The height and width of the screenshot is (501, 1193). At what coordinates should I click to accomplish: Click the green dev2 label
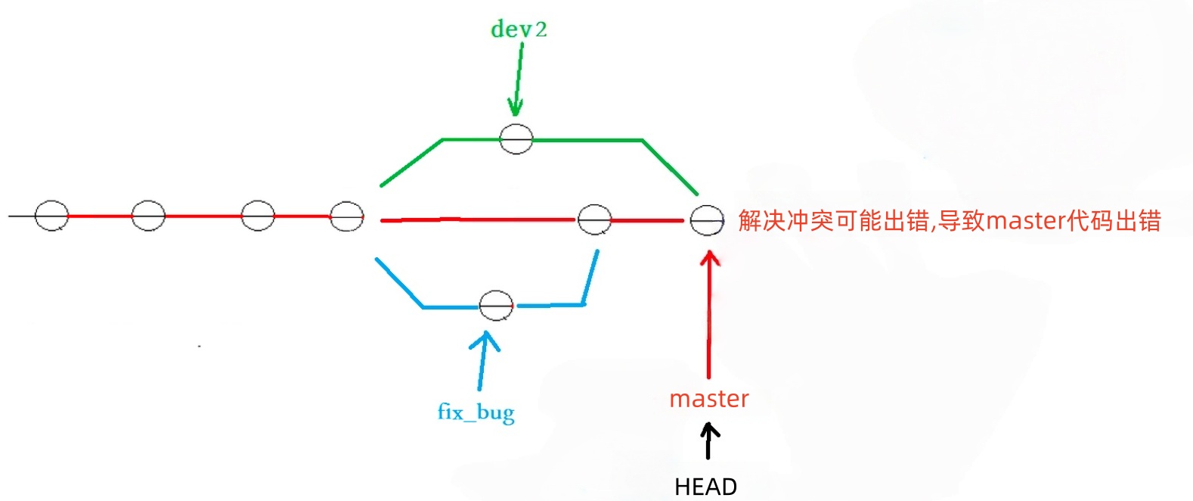click(x=519, y=30)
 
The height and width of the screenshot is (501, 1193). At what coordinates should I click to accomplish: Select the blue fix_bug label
click(x=476, y=412)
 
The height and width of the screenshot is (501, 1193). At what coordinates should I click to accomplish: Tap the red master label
click(x=708, y=399)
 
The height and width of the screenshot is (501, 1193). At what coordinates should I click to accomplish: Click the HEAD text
click(x=705, y=487)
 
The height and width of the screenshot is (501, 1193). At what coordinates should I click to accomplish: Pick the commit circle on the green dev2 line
click(x=516, y=139)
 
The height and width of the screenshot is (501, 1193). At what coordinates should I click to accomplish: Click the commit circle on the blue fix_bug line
click(x=496, y=306)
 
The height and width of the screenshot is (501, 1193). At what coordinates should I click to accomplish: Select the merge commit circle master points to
click(x=707, y=220)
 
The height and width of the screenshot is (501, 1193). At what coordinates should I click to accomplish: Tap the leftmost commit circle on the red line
click(x=51, y=216)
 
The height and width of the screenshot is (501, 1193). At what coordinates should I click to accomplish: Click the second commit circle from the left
click(x=148, y=216)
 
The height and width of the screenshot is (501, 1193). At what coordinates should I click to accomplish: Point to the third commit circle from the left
click(x=258, y=216)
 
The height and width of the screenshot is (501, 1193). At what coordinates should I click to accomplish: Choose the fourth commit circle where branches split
click(x=347, y=216)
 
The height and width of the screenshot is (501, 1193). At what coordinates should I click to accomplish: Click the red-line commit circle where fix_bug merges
click(x=594, y=219)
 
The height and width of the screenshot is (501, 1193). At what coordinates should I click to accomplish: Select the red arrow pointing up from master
click(x=708, y=314)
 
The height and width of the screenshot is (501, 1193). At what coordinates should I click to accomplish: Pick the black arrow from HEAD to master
click(x=708, y=440)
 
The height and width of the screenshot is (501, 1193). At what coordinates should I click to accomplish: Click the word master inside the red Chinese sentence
click(x=1025, y=221)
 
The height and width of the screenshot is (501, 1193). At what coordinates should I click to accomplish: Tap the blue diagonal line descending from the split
click(x=399, y=282)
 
